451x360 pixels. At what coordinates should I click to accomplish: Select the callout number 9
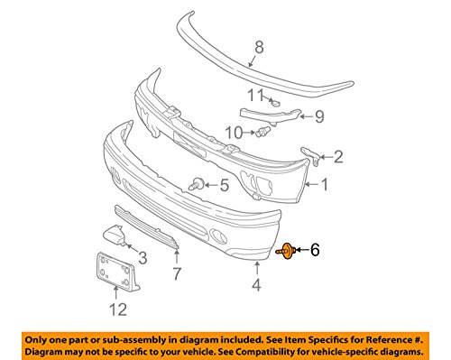(x=319, y=115)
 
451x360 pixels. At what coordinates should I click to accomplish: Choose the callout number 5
(x=225, y=187)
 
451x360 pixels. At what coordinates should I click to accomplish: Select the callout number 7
(x=177, y=271)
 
